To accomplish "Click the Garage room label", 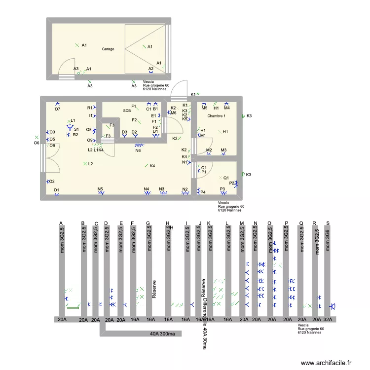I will [108, 49].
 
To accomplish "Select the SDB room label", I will [127, 111].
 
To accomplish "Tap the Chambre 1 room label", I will [217, 116].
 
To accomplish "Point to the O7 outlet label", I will [57, 109].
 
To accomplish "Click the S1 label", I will [76, 129].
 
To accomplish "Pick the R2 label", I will [75, 135].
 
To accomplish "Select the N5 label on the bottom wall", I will [100, 189].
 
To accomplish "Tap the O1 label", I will [56, 190].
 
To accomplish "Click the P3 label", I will [222, 189].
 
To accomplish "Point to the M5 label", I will [204, 108].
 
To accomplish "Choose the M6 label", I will [174, 113].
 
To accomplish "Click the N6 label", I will [138, 150].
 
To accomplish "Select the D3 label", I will [124, 132].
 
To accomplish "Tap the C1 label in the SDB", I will [148, 109].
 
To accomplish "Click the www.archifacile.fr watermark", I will [326, 363].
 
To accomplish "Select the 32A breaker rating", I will [328, 320].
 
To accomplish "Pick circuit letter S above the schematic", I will [328, 223].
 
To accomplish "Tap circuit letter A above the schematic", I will [61, 223].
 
